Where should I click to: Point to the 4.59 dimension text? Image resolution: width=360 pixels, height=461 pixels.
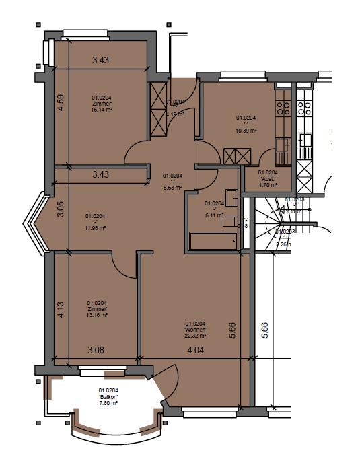[61, 102]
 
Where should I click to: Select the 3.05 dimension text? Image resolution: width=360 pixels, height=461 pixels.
[60, 210]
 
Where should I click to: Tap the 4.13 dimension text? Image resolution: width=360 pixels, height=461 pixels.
[60, 310]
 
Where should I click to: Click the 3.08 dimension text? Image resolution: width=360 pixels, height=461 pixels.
[96, 350]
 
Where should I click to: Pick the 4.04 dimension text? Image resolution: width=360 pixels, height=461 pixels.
[195, 350]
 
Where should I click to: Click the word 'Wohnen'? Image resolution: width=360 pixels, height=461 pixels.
[195, 329]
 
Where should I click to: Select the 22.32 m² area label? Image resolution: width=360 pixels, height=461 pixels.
[195, 335]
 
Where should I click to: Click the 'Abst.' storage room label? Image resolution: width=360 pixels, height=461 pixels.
[268, 178]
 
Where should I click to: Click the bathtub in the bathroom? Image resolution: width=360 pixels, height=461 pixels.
[213, 241]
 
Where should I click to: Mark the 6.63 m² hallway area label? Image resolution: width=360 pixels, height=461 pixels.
[173, 188]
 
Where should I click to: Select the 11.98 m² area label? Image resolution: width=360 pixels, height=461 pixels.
[96, 227]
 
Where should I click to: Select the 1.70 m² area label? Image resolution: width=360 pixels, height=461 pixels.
[268, 184]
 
